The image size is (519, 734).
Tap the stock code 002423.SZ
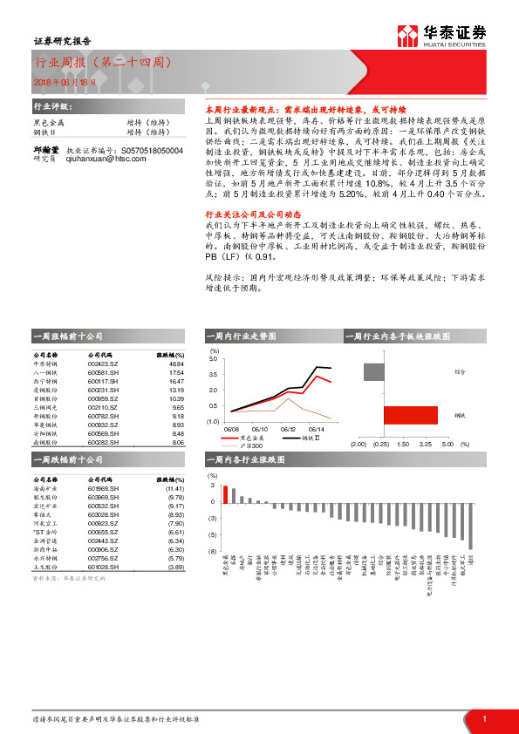click(103, 363)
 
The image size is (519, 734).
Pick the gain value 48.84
click(174, 363)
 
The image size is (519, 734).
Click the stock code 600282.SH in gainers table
click(103, 442)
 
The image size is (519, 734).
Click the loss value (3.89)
click(173, 567)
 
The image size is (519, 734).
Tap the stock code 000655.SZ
click(103, 532)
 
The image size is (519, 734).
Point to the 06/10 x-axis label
click(260, 429)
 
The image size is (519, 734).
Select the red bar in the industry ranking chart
click(227, 493)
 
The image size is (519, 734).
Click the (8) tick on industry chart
click(211, 552)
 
